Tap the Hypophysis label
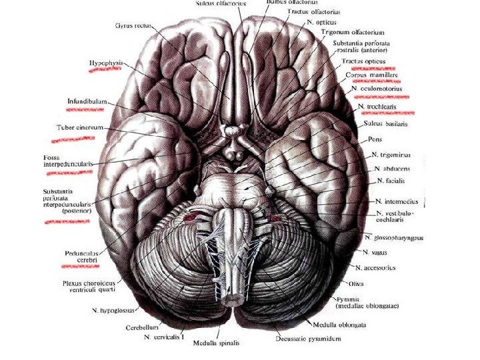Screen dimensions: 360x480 pos(106,63)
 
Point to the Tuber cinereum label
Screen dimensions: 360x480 pos(76,127)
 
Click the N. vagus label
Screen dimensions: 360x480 pos(377,253)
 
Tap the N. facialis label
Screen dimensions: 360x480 pos(392,181)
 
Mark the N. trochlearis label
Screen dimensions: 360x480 pos(385,106)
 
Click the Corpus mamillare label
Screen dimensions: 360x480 pos(370,75)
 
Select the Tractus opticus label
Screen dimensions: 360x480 pos(363,61)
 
